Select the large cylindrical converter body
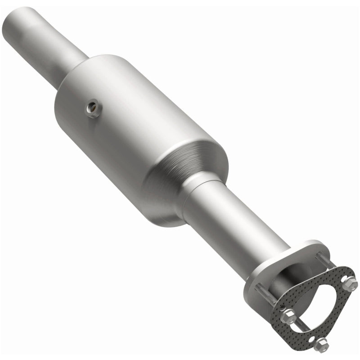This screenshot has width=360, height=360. pos(135,126)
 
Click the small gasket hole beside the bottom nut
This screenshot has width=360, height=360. pos(311,338)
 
